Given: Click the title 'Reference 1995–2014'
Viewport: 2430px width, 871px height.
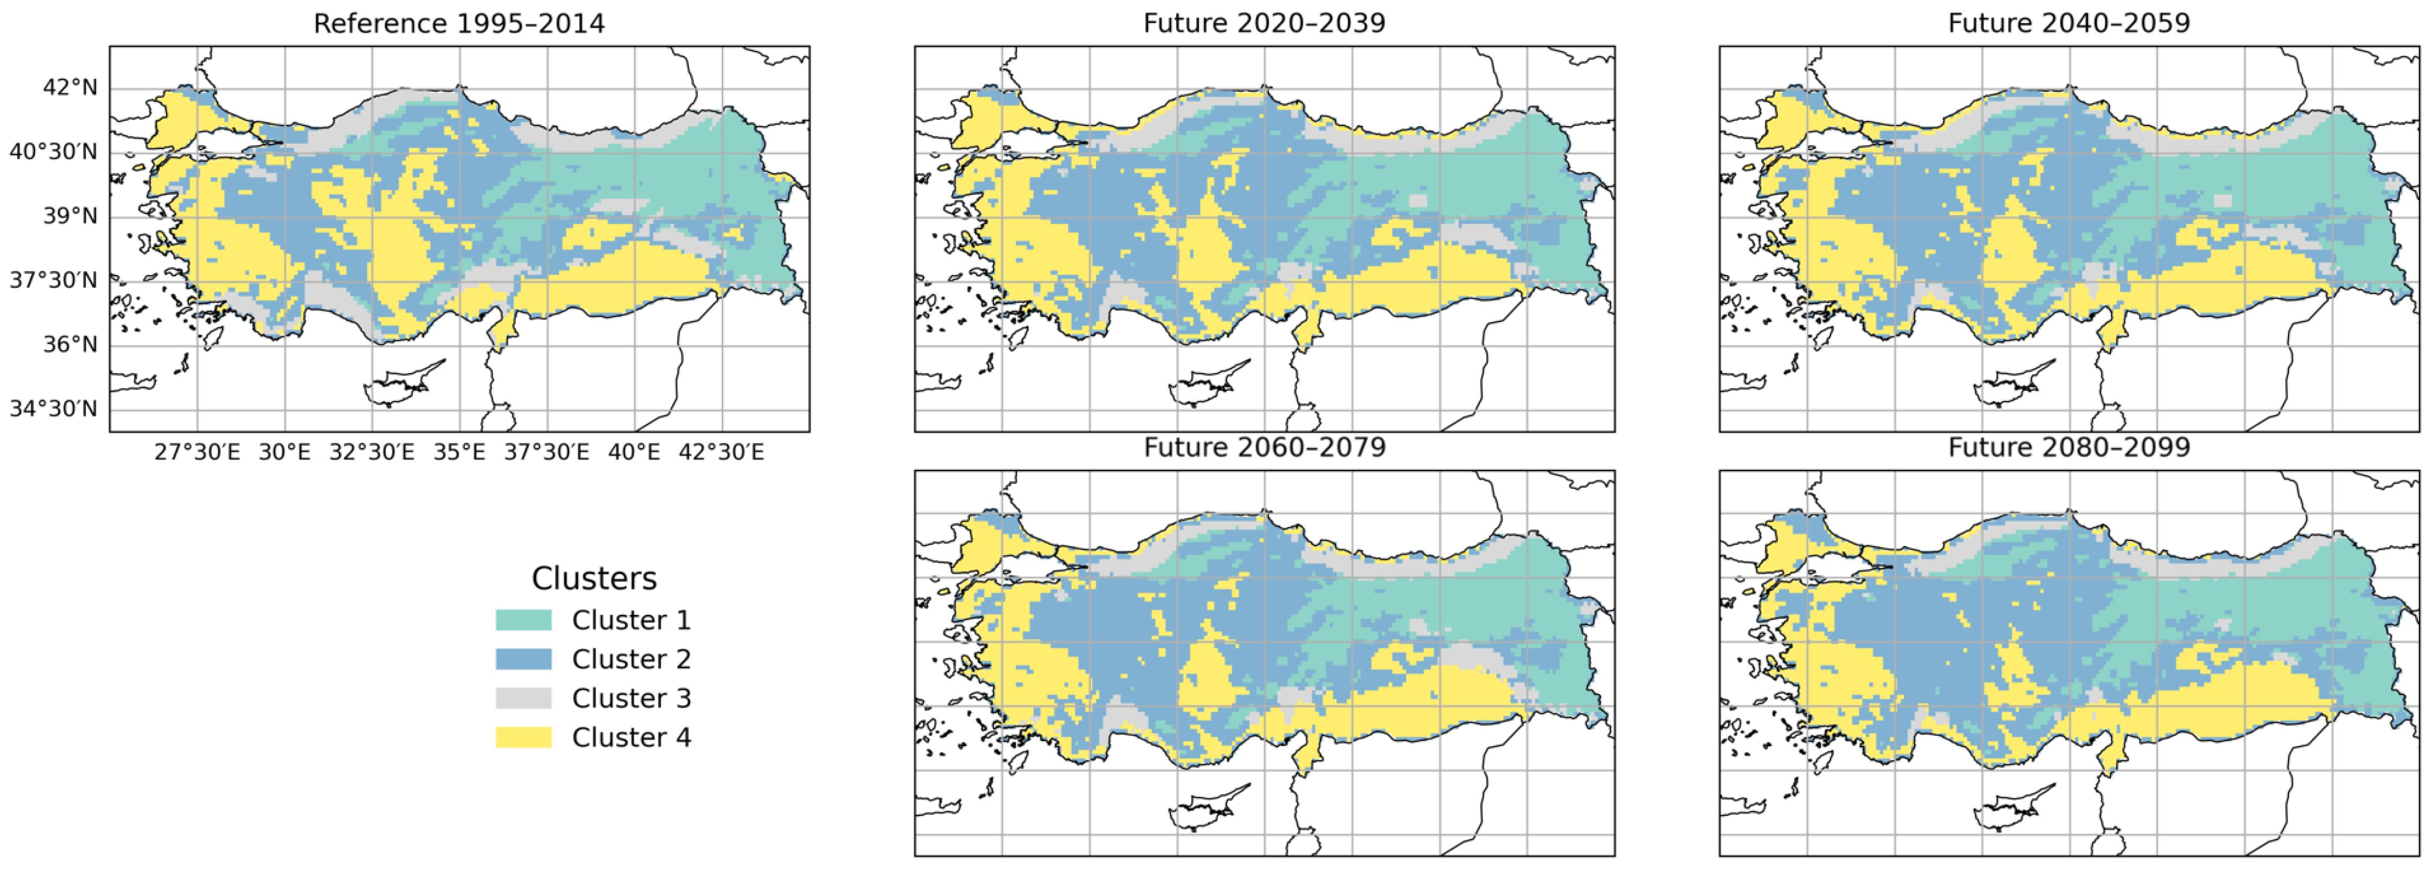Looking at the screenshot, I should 459,23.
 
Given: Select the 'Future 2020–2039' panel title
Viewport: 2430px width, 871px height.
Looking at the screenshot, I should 1264,23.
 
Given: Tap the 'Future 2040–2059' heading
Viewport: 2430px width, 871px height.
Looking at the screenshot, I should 2069,23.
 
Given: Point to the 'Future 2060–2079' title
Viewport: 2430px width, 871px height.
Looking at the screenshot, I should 1264,448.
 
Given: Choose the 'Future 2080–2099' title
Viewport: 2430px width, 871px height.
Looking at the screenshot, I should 2069,448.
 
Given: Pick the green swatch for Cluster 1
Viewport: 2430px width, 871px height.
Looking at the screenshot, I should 523,620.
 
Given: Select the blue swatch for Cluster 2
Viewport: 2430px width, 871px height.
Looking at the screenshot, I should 523,658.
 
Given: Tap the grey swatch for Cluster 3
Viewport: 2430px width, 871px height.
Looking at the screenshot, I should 523,699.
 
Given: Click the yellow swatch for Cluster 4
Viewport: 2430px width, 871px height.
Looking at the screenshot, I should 523,737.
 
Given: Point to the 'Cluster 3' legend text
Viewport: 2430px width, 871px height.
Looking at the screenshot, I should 631,699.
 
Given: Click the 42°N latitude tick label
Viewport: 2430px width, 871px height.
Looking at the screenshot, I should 70,88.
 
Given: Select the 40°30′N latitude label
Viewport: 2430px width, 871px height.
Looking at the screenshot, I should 54,152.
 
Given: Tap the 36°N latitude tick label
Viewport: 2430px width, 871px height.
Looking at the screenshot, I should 70,344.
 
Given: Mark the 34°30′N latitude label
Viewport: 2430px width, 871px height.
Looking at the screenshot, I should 54,409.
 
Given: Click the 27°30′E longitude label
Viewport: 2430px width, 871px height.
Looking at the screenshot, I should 197,453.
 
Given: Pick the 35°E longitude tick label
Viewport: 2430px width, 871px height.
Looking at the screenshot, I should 459,453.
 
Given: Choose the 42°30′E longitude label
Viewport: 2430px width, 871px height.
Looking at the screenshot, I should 721,453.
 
